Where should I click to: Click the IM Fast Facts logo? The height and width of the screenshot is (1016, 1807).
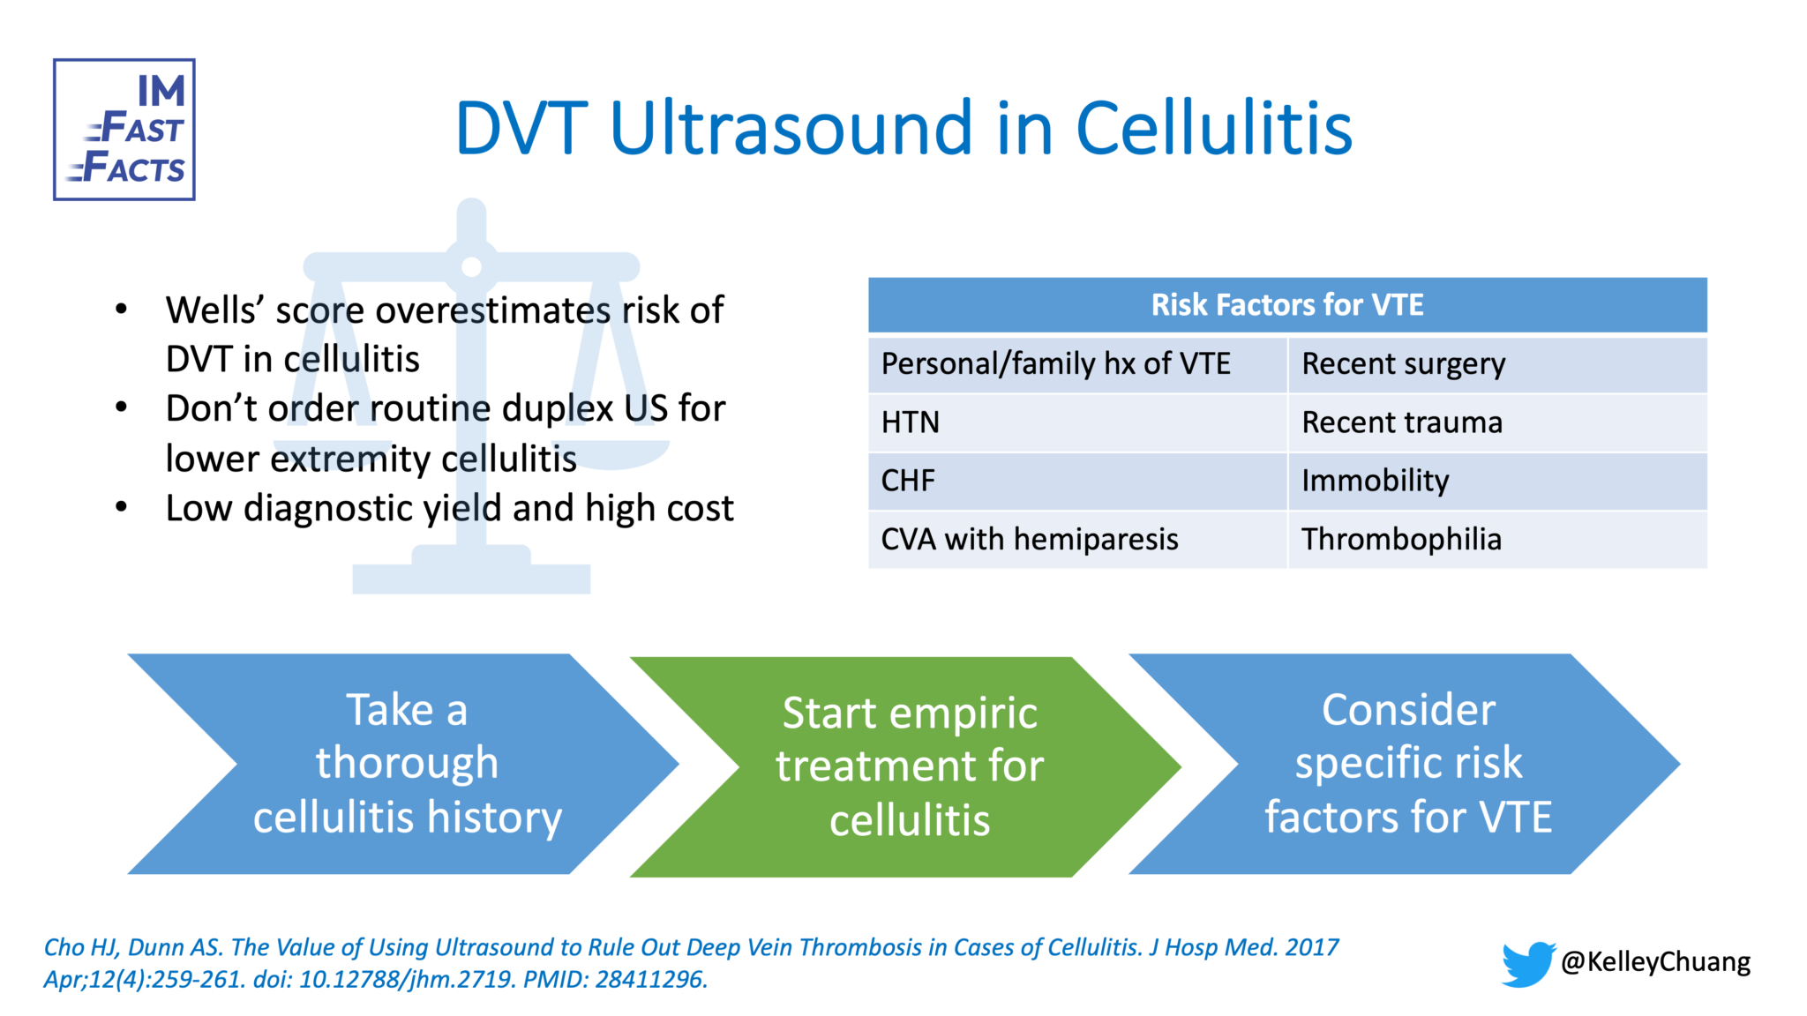click(124, 130)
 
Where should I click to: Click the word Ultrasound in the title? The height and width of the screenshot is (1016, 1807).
click(791, 129)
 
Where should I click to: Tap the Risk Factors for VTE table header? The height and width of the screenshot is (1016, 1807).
click(1286, 305)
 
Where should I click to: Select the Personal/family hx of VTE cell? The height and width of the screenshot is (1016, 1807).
click(1055, 363)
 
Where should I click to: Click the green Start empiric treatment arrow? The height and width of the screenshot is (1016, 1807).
click(909, 766)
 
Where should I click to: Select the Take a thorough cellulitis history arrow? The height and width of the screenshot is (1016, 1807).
click(407, 764)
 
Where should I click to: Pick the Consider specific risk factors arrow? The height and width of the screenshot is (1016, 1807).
click(1407, 764)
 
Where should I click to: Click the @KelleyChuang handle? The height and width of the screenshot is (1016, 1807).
click(1655, 961)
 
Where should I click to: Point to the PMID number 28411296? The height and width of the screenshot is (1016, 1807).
click(650, 980)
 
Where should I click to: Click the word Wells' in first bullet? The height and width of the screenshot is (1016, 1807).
click(215, 310)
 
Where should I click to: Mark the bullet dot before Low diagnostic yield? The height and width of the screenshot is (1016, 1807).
click(122, 508)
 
